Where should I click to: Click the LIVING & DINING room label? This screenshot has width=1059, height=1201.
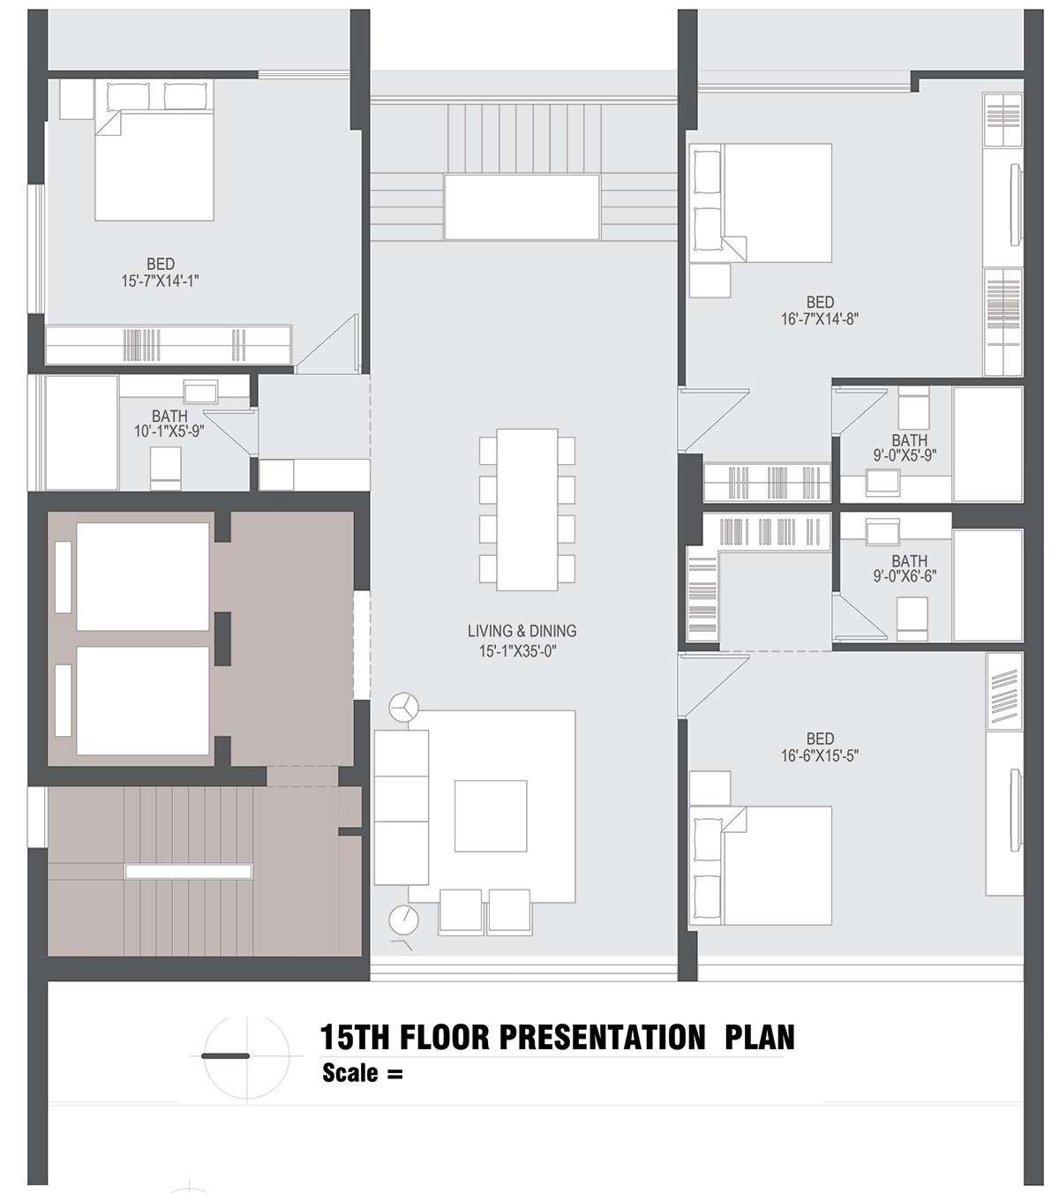(522, 631)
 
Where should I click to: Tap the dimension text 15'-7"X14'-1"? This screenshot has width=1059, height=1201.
(160, 281)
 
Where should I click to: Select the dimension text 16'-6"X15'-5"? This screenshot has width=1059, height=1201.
(820, 756)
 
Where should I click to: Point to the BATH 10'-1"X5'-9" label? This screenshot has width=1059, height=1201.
(169, 424)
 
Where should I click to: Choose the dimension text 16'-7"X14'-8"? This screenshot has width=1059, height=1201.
(820, 319)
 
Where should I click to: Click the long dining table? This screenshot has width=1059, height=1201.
(527, 509)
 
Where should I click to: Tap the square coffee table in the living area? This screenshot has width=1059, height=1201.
(491, 816)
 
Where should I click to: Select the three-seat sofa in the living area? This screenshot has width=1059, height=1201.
(402, 807)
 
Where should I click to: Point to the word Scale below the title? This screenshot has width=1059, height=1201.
(349, 1073)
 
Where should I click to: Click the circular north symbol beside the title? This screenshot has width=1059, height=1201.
(247, 1055)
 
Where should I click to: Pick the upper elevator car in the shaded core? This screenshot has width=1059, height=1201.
(143, 576)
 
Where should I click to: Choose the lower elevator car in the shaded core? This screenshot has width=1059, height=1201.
(143, 701)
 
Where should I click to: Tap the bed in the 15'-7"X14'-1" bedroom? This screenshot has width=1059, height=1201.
(154, 164)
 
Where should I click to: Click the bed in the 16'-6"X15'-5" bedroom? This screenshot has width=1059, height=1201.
(761, 865)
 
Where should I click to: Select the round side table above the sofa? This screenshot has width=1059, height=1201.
(404, 707)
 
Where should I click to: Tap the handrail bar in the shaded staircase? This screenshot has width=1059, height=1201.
(189, 871)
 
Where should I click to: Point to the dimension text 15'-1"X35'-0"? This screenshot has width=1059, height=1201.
(518, 651)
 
